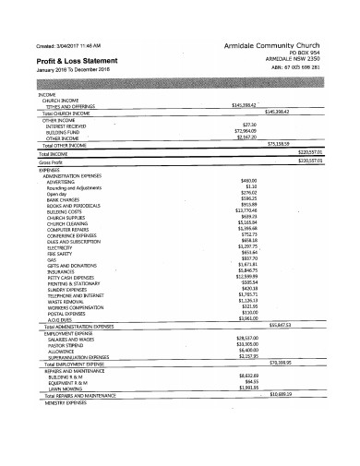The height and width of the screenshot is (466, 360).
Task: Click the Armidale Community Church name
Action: click(276, 44)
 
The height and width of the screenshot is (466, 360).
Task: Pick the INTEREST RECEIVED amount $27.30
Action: click(247, 125)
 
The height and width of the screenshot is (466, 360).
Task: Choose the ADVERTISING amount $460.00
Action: click(247, 180)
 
